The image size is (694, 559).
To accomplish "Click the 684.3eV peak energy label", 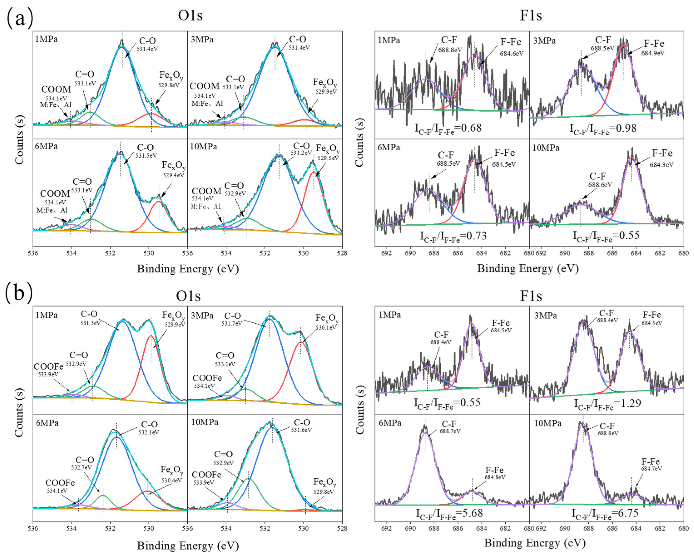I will (661, 165).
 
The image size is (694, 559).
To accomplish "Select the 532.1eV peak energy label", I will (149, 433).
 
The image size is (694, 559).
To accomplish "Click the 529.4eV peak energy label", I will (173, 175).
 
